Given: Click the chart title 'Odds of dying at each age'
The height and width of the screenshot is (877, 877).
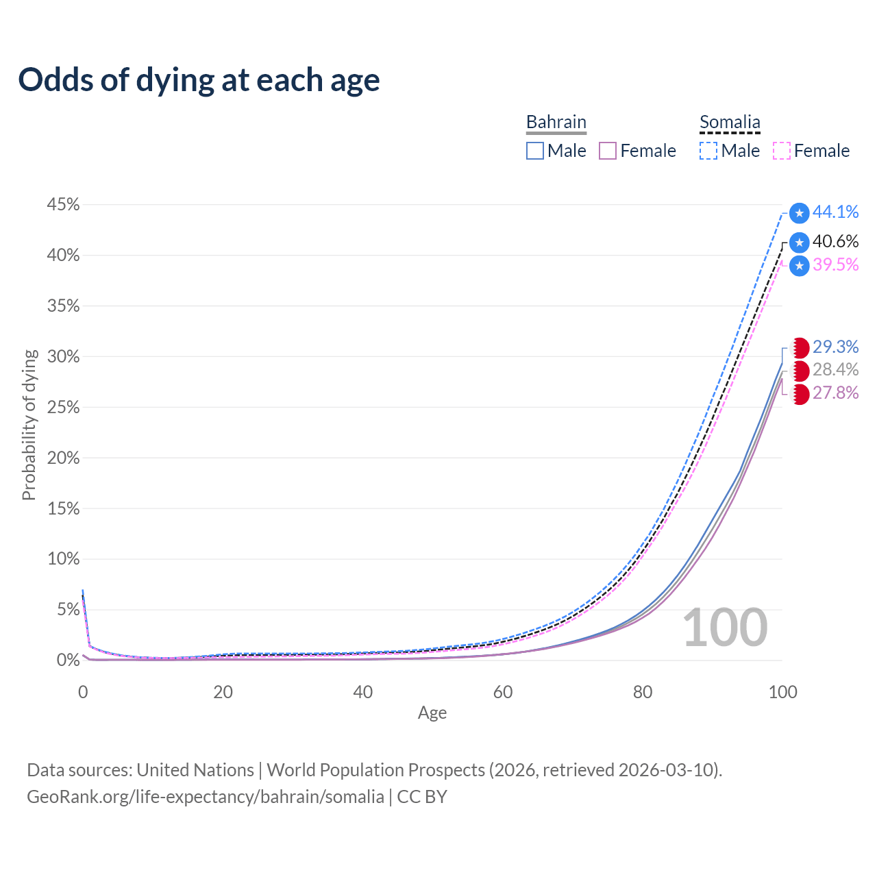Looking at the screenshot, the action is point(199,80).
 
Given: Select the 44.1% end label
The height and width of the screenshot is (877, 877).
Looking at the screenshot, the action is point(835,212).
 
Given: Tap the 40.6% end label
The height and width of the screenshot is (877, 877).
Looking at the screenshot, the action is point(835,241).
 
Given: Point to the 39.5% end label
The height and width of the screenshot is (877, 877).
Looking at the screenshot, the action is point(835,264).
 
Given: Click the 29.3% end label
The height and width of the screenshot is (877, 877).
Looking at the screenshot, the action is point(835,347).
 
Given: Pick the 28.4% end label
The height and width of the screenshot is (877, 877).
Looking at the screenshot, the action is point(835,369).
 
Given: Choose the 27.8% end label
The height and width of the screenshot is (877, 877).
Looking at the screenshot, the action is point(835,393).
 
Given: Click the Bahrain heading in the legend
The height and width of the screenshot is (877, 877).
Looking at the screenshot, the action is point(556,122).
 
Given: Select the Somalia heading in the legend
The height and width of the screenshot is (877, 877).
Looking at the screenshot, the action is point(730,122).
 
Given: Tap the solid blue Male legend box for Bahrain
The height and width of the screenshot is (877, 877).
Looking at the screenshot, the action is point(534,151).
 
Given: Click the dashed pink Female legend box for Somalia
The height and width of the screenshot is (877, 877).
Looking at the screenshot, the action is point(782,151).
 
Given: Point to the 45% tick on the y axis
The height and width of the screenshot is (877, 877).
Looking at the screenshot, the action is point(63,204).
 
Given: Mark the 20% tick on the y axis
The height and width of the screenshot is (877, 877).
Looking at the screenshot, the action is point(63,458).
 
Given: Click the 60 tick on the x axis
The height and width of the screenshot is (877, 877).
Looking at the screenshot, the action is point(502,692).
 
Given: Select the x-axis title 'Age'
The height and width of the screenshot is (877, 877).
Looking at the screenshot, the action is point(432,713).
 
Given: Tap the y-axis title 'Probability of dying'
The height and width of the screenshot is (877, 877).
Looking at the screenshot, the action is point(29,425).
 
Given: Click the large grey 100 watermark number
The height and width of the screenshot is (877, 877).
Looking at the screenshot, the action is point(724,627).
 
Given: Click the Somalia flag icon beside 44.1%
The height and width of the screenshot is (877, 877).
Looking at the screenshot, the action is point(799,213).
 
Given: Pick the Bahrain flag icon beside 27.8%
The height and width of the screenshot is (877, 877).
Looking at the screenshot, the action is point(800,394).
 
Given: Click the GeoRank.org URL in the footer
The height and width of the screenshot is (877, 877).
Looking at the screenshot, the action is point(206,797).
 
